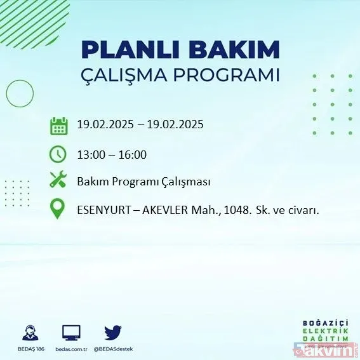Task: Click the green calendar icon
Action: (58, 125)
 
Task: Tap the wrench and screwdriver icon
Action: (58, 181)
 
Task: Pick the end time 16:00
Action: (133, 154)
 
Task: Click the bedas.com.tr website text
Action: (71, 349)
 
